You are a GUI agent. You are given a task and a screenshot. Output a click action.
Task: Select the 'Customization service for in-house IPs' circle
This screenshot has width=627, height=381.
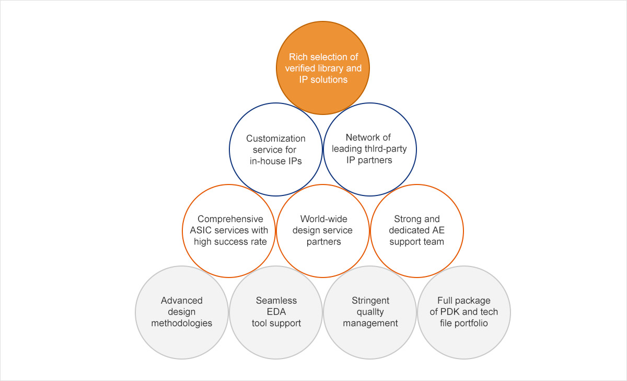pos(276,149)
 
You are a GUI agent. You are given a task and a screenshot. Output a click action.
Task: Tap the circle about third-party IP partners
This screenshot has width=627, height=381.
pos(369,149)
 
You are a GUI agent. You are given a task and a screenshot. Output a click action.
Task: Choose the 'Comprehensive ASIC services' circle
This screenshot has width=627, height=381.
pos(229,230)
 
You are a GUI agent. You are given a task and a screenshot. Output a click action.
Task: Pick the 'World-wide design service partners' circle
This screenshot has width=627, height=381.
pos(323,230)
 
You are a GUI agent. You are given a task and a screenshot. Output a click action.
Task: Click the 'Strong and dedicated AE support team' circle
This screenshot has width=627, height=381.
pos(416,230)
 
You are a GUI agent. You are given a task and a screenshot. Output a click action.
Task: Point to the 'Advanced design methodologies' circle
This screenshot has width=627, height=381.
pos(181,312)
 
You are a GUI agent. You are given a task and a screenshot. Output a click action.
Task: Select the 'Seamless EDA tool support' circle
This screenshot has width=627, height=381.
pos(276,312)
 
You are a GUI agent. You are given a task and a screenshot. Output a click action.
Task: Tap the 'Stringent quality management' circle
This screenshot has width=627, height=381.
pos(370,312)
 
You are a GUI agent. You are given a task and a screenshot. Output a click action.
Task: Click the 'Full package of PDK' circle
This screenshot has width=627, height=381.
pos(463,312)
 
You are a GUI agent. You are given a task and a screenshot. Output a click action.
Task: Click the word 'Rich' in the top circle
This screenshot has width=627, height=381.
pos(299,57)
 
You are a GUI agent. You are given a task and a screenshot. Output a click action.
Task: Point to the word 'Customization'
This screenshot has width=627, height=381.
pos(276,138)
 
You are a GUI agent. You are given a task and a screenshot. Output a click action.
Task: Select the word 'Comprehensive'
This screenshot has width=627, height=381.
pos(230,220)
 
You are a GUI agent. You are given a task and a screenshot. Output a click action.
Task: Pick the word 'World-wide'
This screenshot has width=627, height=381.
pos(323,220)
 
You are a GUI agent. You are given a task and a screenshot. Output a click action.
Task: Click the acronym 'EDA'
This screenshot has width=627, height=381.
pos(276,312)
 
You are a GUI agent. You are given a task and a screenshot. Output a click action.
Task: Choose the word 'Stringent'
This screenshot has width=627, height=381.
pos(370,301)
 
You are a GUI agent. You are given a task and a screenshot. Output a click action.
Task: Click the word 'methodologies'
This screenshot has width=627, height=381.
pos(182,323)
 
